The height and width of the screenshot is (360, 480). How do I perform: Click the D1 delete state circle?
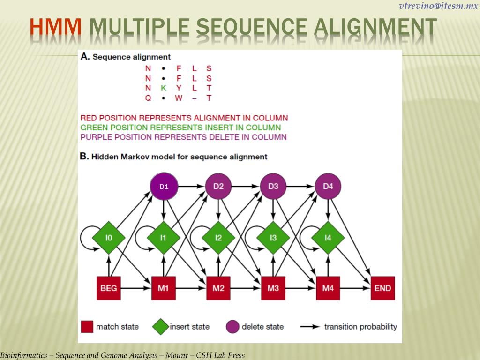(x=164, y=187)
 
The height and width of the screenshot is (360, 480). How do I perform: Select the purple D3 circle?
(x=273, y=186)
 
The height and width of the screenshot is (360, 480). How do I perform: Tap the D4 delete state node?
(x=328, y=186)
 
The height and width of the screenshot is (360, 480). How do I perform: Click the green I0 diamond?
(x=109, y=238)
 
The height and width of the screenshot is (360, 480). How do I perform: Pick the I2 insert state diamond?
(x=218, y=238)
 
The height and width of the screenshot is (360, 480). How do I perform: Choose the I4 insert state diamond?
(x=328, y=238)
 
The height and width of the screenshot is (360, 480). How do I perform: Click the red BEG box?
(x=109, y=288)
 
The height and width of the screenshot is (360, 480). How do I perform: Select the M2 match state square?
(x=218, y=288)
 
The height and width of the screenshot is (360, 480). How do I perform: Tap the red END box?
(x=382, y=288)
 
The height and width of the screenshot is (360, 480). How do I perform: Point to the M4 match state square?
(x=328, y=288)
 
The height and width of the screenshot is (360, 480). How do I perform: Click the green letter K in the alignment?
(x=163, y=88)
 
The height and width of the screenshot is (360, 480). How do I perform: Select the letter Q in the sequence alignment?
(x=148, y=98)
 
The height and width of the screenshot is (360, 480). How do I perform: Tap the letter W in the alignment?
(x=179, y=98)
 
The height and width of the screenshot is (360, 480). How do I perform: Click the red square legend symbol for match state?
(x=87, y=327)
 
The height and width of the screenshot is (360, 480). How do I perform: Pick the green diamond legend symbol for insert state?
(x=161, y=327)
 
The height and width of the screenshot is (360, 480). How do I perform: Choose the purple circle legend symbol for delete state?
(x=232, y=327)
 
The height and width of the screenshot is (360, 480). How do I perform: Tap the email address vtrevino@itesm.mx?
(x=438, y=6)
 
